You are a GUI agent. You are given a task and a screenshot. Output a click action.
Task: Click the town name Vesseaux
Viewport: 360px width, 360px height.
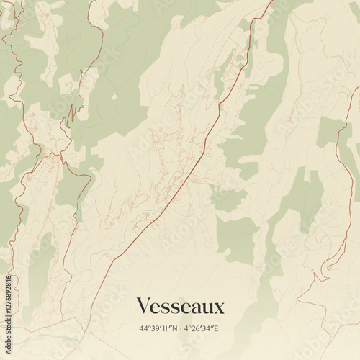point(180,306)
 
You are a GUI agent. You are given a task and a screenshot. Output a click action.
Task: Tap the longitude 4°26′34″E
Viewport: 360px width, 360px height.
point(202,329)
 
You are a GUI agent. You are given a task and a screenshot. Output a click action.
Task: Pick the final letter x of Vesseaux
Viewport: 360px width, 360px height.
point(220,307)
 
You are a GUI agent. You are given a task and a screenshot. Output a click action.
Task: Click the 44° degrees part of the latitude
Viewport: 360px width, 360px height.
point(145,329)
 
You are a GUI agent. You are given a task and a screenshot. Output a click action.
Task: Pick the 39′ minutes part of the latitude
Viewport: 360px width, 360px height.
point(156,329)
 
